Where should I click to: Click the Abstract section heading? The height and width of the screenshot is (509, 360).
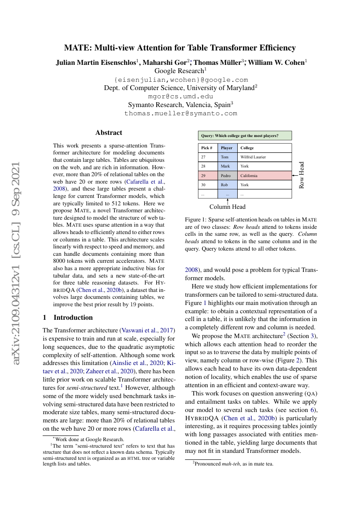click(x=109, y=133)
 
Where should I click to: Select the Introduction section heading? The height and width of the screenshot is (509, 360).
click(x=73, y=317)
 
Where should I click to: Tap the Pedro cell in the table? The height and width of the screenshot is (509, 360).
click(x=225, y=176)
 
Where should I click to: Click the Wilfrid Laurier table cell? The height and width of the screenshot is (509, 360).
click(x=253, y=157)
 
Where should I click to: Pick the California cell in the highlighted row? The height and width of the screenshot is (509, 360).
click(x=249, y=176)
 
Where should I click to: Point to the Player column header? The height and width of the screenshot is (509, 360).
click(x=227, y=148)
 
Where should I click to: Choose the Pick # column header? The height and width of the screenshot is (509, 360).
click(x=207, y=148)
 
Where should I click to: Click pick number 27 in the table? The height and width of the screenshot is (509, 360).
click(x=203, y=157)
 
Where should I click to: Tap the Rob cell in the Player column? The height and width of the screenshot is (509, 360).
click(x=225, y=185)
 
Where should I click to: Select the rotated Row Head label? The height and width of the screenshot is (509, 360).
click(x=302, y=175)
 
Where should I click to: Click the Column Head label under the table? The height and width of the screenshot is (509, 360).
click(x=227, y=207)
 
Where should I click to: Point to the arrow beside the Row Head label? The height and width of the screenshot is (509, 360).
click(x=296, y=175)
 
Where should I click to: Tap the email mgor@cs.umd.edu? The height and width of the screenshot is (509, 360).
click(x=181, y=96)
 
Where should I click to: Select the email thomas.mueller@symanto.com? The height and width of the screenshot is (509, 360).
click(x=181, y=113)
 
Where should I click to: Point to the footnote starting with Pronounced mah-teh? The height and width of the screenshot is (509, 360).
click(x=233, y=464)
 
